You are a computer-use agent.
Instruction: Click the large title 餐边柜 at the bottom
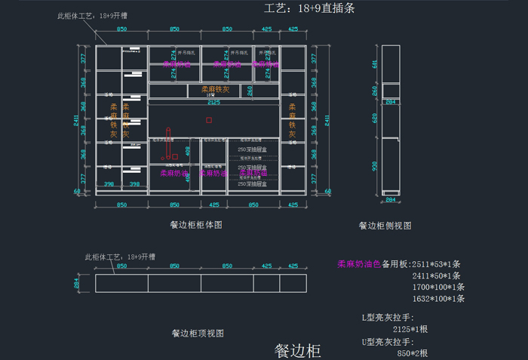pyautogui.click(x=297, y=350)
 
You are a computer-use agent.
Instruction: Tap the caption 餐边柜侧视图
pyautogui.click(x=385, y=225)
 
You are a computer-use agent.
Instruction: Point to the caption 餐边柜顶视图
pyautogui.click(x=197, y=332)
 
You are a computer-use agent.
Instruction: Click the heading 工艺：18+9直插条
pyautogui.click(x=309, y=9)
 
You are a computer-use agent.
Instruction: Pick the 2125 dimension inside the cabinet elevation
pyautogui.click(x=213, y=102)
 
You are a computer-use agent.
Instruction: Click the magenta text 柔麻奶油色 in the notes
pyautogui.click(x=358, y=264)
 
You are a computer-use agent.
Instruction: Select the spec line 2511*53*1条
pyautogui.click(x=435, y=264)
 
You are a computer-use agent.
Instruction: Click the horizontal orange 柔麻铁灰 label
pyautogui.click(x=215, y=90)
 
